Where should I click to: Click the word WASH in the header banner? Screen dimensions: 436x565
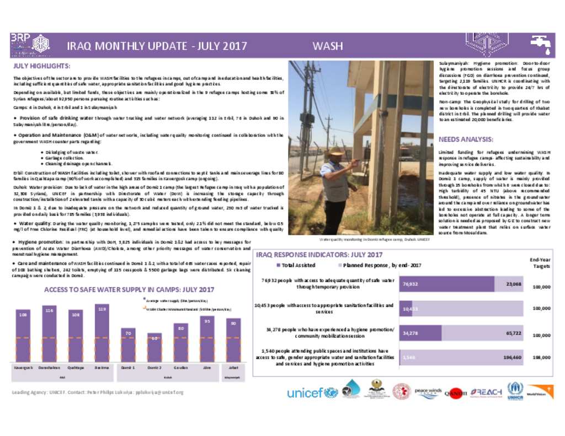coord(328,46)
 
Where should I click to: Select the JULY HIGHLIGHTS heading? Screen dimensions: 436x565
coord(41,66)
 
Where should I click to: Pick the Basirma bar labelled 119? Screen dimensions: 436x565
coord(102,333)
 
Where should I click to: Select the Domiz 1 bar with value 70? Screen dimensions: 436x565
coord(128,346)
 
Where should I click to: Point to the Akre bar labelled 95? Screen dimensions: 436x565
coord(207,339)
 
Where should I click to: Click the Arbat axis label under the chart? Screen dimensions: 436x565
coord(233,367)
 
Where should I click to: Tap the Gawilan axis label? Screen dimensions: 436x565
coord(180,367)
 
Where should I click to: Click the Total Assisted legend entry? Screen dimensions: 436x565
coord(296,265)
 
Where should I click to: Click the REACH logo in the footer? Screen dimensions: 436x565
coord(486,392)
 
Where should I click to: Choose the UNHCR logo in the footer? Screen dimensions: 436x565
coord(515,391)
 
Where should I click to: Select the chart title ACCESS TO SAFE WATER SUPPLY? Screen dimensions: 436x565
coord(129,289)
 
